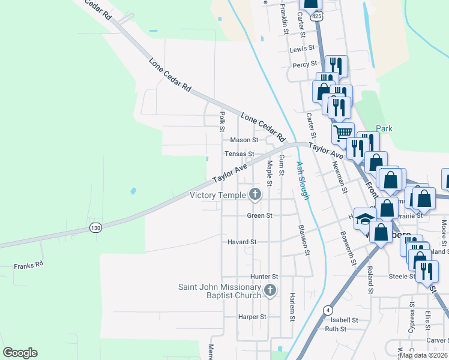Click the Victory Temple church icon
point(255,194)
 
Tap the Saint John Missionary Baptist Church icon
point(270,291)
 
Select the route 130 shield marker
point(95,227)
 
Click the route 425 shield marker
point(316,16)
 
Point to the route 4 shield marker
point(328,310)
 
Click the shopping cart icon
point(343,132)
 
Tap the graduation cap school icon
point(364,220)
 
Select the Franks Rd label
point(29,265)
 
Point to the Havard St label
point(242,242)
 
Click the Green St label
point(260,215)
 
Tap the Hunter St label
point(265,277)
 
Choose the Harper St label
point(252,316)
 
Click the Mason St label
point(244,140)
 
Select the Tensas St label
point(240,154)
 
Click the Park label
point(384,128)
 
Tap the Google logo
point(20,353)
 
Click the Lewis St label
point(302,49)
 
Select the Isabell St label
point(344,320)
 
